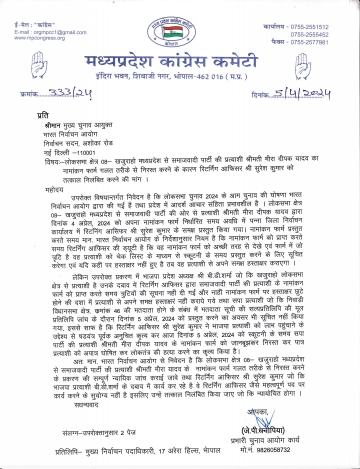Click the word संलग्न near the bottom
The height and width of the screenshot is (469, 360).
pos(70,431)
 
